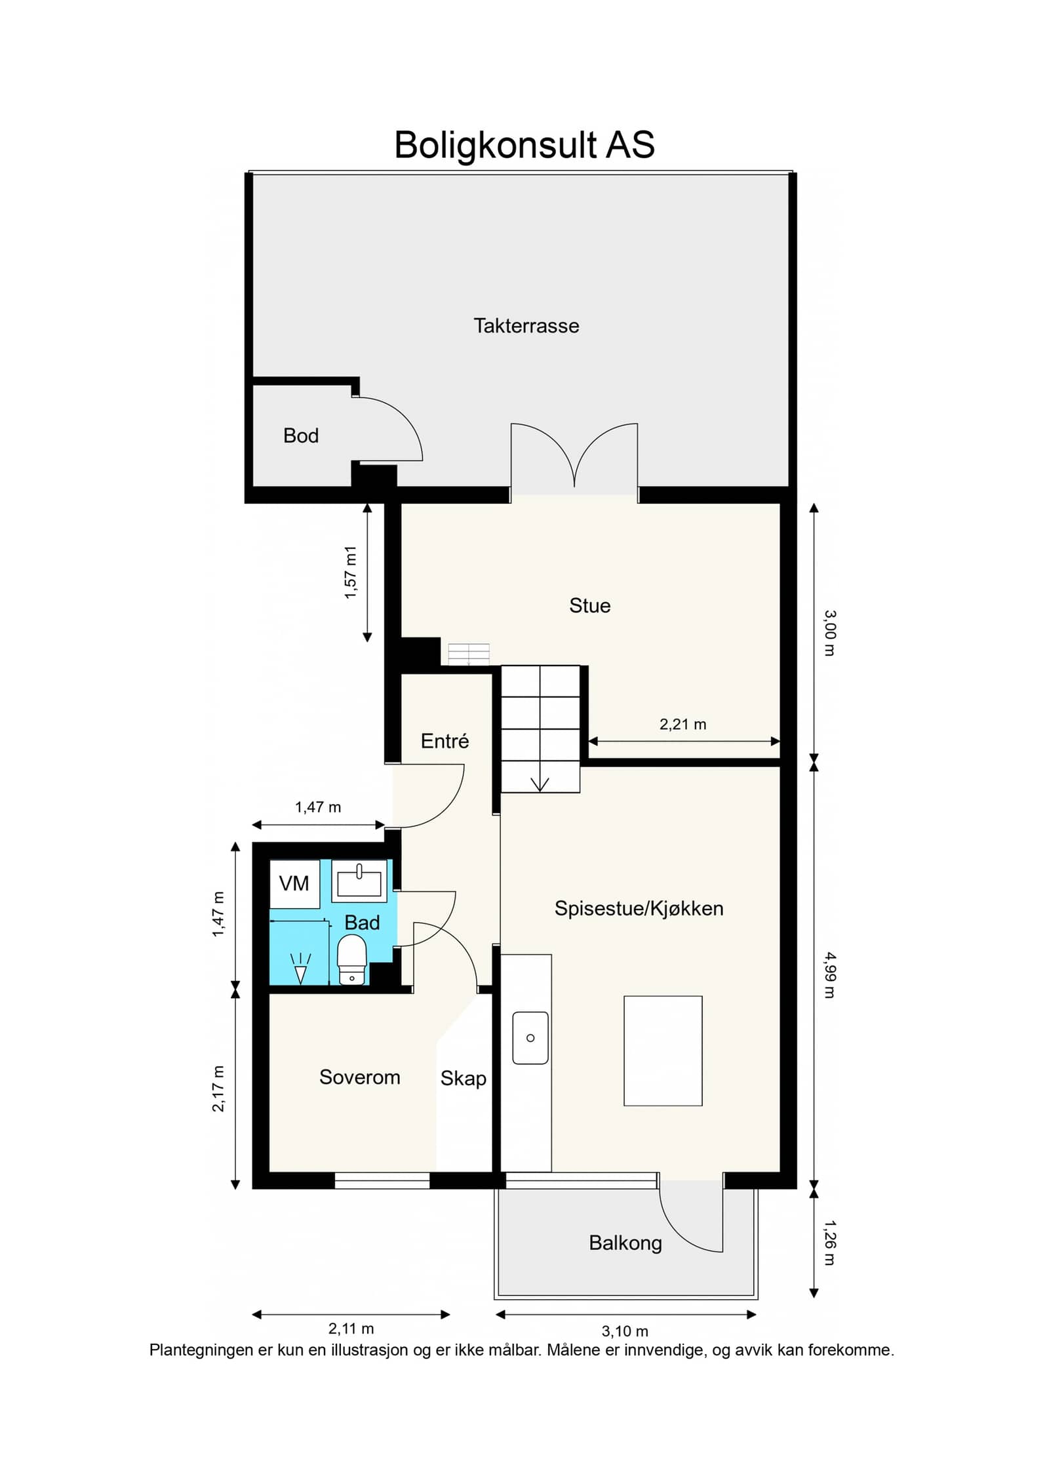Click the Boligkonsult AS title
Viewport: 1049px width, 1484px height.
pos(524,145)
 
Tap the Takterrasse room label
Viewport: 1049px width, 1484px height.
pos(526,326)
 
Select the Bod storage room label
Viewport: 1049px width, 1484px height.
pos(301,435)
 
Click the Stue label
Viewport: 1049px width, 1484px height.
pos(589,605)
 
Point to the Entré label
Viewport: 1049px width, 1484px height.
pos(445,741)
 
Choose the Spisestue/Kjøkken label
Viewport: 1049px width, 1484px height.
pos(639,908)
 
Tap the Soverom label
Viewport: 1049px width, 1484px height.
pos(359,1077)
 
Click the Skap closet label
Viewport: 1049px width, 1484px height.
pos(463,1079)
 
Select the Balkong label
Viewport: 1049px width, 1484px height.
pos(625,1243)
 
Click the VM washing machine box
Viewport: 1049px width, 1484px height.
pos(294,883)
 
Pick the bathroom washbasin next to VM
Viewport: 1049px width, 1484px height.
pos(359,881)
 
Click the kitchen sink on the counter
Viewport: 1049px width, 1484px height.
pos(530,1037)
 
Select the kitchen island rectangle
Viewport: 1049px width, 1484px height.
pos(663,1051)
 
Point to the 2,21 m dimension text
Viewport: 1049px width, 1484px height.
pos(683,724)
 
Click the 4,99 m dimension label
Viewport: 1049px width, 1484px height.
pos(829,975)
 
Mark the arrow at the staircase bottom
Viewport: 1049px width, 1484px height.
pos(540,784)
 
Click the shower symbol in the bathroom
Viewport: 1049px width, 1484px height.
pos(301,969)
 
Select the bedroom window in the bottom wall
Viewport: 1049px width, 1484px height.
pos(382,1180)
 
